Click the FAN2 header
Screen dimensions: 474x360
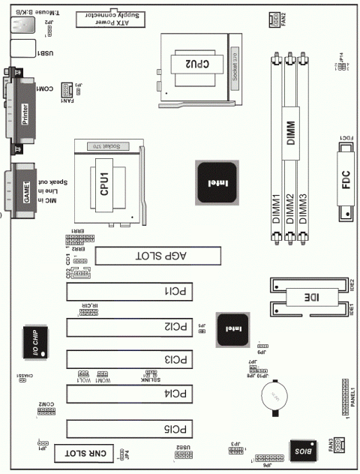pos(276,19)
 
